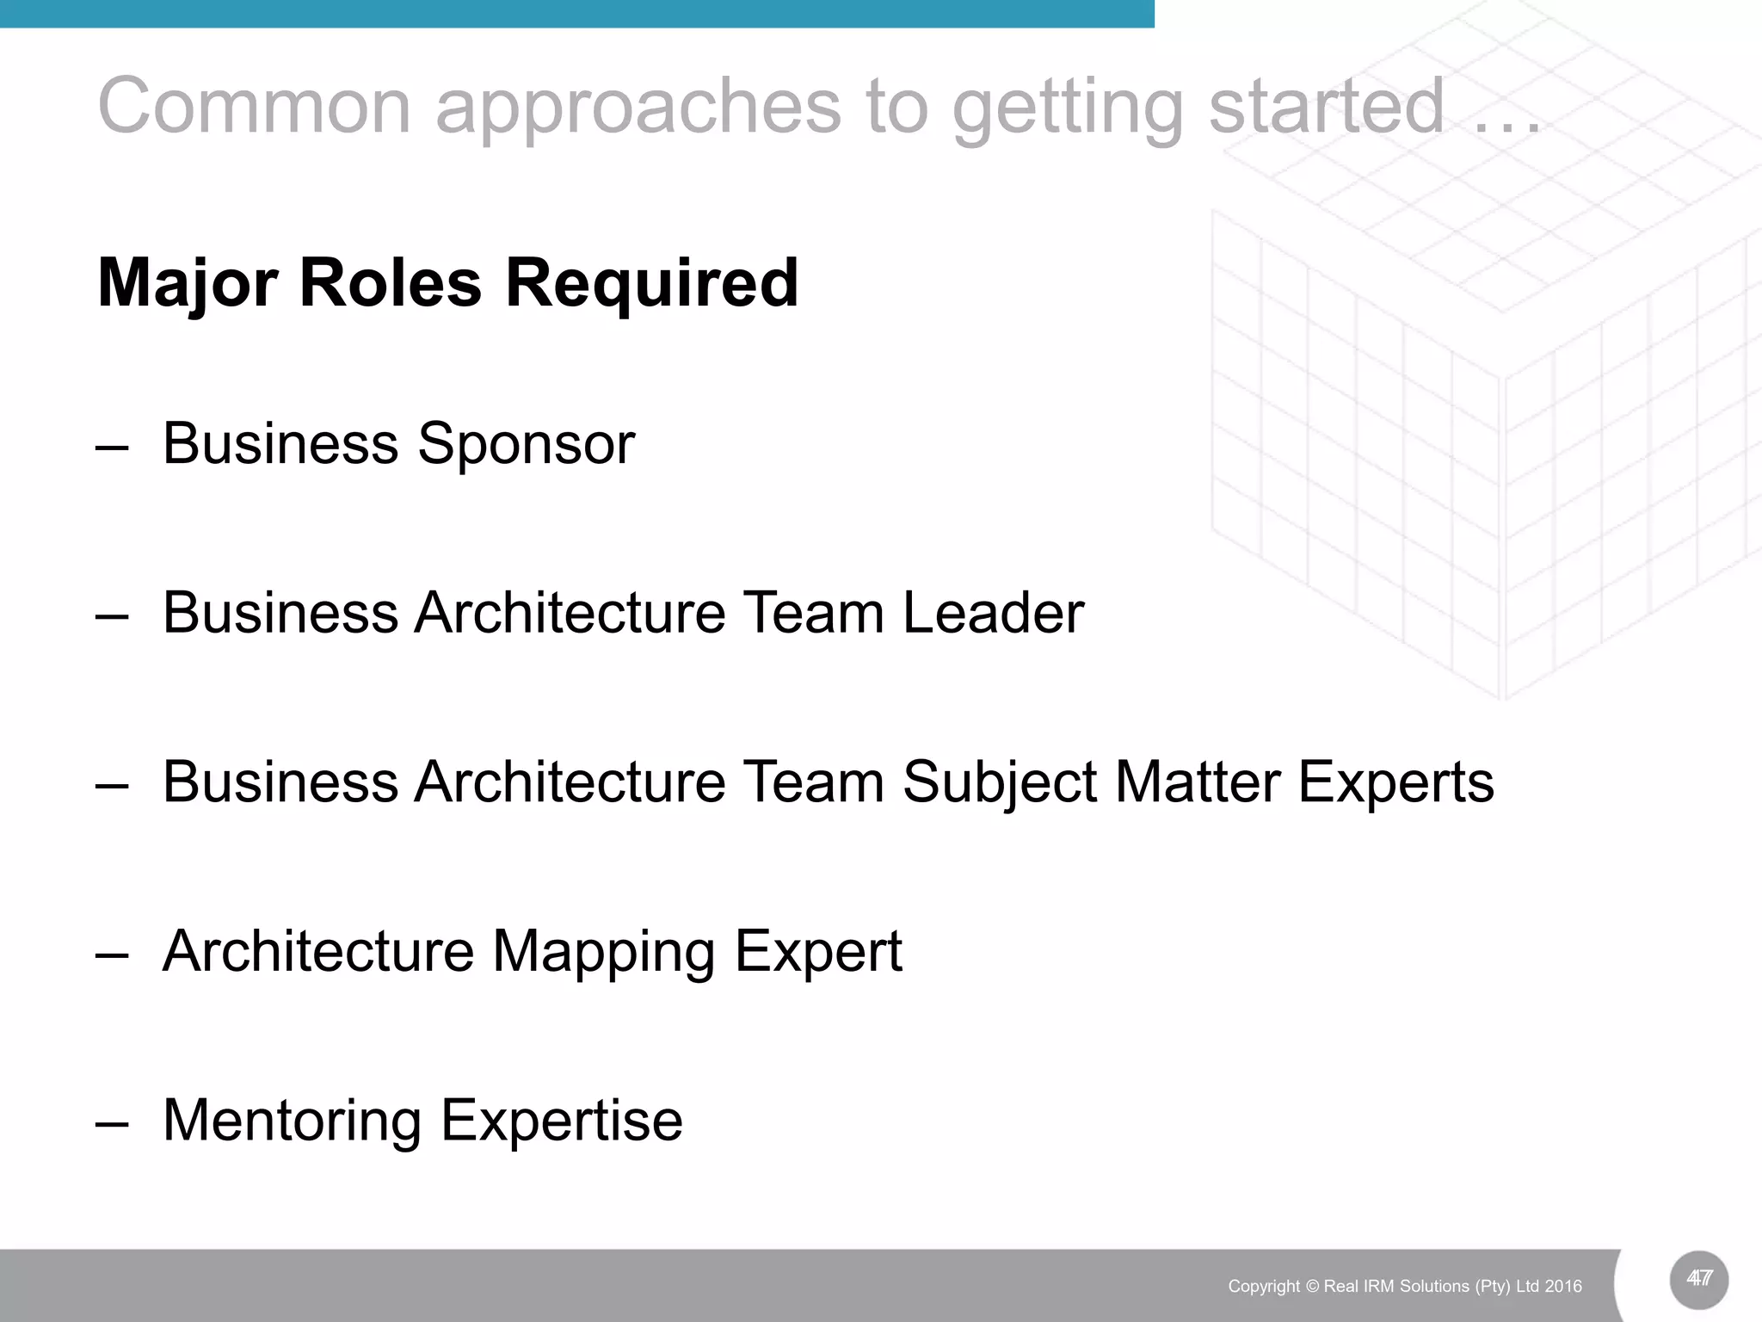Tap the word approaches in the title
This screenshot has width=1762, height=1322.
[638, 108]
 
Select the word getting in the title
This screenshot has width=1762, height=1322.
[1068, 108]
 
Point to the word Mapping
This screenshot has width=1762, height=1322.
[603, 952]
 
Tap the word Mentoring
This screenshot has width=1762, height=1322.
[292, 1121]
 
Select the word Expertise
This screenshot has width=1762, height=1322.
[562, 1121]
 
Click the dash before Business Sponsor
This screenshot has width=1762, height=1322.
[112, 448]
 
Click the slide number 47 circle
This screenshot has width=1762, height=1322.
[1698, 1279]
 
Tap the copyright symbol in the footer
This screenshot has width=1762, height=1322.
[1312, 1287]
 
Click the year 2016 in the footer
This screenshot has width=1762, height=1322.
[1563, 1287]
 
